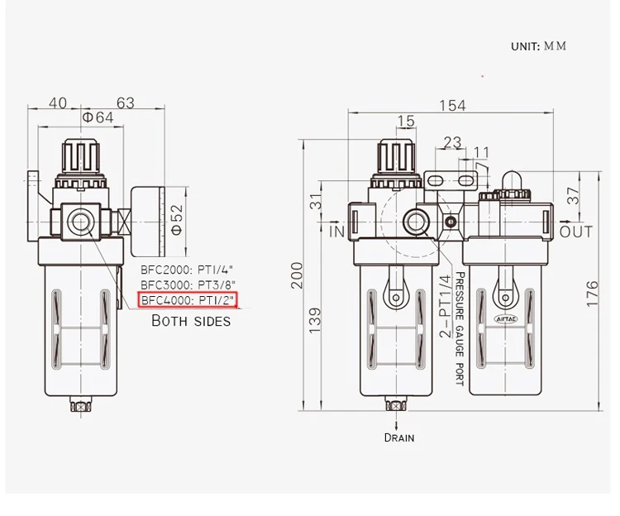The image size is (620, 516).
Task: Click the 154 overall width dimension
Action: (452, 106)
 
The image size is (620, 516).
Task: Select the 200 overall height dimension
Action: (297, 275)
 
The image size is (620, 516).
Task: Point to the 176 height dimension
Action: (593, 294)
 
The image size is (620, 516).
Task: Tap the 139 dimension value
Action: (315, 320)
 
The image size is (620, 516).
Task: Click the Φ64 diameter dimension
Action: (98, 117)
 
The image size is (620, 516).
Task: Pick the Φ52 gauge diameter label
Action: (177, 220)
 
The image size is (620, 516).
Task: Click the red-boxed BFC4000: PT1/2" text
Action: (188, 300)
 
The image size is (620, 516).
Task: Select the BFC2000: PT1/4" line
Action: (187, 270)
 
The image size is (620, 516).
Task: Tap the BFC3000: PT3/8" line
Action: (188, 284)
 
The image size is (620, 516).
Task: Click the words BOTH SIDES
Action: (191, 320)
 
